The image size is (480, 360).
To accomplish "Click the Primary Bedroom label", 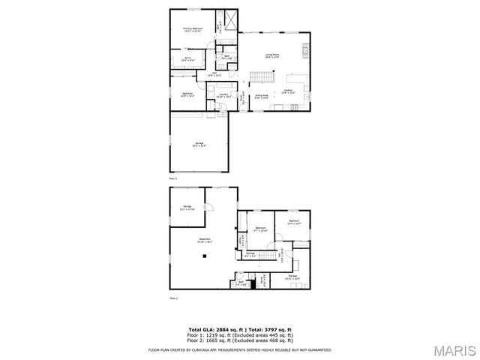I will [193, 30].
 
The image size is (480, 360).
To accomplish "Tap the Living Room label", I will [271, 55].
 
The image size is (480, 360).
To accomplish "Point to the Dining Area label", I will [261, 97].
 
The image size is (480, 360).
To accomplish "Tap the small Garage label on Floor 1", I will [187, 208].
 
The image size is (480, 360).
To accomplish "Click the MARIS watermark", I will [451, 349].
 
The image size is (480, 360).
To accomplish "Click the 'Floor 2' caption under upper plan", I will [172, 179].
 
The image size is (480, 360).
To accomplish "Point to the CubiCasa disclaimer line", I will [240, 349].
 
